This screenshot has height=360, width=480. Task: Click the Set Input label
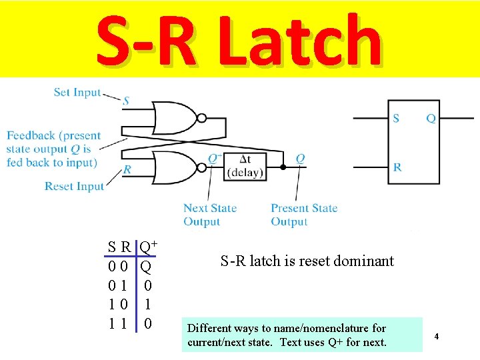pos(77,93)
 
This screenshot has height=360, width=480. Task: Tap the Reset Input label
pos(74,186)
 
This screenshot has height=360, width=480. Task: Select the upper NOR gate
pos(175,118)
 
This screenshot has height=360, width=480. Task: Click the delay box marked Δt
pos(245,166)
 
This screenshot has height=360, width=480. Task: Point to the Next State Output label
pos(209,215)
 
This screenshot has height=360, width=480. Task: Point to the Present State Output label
pos(303,215)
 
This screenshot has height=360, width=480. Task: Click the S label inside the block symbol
pos(396,119)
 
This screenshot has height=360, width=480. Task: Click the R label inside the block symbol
pos(397,167)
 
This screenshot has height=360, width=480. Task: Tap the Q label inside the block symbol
pos(431,119)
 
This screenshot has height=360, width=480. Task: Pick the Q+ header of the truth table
pos(147,247)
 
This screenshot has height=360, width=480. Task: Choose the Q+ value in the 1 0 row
pos(148,305)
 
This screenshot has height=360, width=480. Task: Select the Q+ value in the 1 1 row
pos(148,324)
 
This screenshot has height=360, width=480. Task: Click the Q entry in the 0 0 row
pos(146,267)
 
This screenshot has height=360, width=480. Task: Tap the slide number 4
pos(436,337)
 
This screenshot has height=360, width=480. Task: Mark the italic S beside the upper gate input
pos(126,101)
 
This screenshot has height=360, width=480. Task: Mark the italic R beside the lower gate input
pos(127,170)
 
